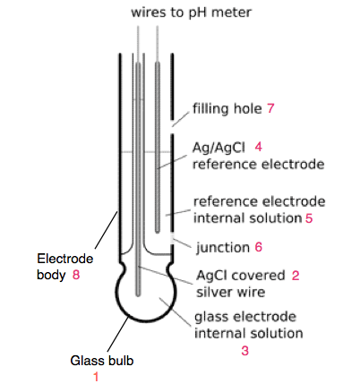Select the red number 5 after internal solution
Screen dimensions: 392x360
308,217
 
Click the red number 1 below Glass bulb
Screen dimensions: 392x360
96,378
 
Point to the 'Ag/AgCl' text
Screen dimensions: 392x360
218,146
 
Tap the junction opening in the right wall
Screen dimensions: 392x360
173,240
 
